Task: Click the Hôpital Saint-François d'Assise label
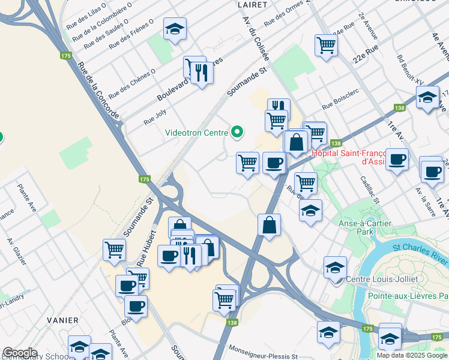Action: click(349, 157)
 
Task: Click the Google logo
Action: click(20, 353)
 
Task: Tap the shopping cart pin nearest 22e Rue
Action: click(326, 44)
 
